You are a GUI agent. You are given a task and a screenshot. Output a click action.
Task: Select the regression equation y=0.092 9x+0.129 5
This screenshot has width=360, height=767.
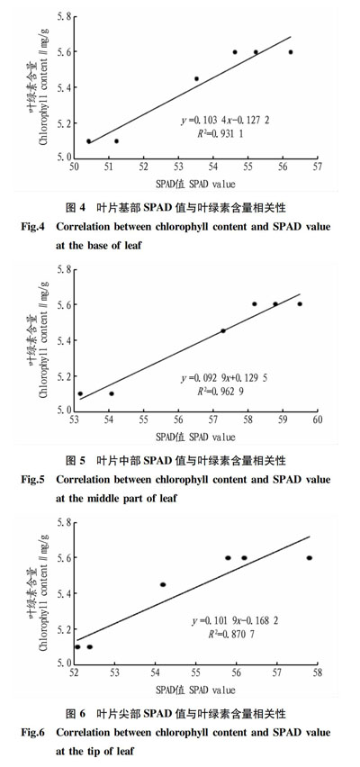click(x=224, y=378)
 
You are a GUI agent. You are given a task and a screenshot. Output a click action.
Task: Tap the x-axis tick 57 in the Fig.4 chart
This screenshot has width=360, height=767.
click(x=317, y=167)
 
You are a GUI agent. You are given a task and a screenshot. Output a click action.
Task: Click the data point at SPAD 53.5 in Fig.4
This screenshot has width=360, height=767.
click(x=196, y=78)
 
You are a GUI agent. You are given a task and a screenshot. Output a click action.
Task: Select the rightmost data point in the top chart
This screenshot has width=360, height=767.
click(x=291, y=52)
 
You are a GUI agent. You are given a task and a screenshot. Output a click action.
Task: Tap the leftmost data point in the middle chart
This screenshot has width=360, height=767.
click(x=80, y=393)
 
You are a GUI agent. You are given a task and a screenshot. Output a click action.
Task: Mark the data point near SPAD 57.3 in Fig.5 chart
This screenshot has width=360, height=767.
click(x=223, y=330)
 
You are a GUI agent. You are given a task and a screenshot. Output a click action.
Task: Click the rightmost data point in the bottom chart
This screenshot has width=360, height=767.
click(x=309, y=557)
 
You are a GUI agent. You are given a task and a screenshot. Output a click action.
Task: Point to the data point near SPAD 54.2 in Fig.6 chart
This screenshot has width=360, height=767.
click(x=163, y=584)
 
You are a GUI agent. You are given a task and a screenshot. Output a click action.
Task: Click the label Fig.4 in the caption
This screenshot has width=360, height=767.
click(x=33, y=227)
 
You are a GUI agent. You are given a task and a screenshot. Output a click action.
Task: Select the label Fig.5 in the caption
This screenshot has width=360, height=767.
click(x=33, y=479)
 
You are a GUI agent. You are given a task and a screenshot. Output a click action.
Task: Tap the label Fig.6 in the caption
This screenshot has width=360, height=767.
click(x=33, y=732)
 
